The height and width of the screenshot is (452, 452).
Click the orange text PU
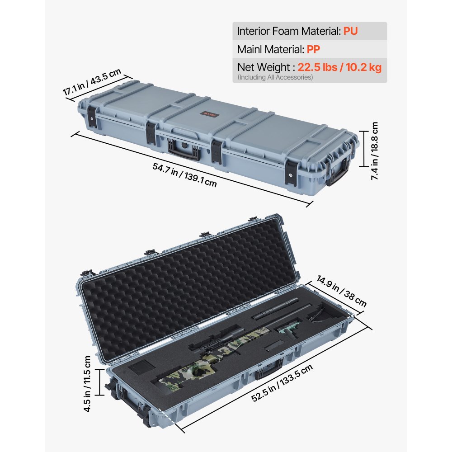(351, 31)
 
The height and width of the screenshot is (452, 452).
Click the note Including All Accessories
(275, 77)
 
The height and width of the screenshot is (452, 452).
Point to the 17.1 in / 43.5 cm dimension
(92, 81)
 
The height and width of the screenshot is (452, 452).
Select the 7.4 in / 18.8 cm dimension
(375, 151)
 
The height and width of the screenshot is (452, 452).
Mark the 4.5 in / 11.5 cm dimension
(87, 383)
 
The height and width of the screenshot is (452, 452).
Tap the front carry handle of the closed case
(184, 150)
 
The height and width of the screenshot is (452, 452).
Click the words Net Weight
(264, 67)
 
